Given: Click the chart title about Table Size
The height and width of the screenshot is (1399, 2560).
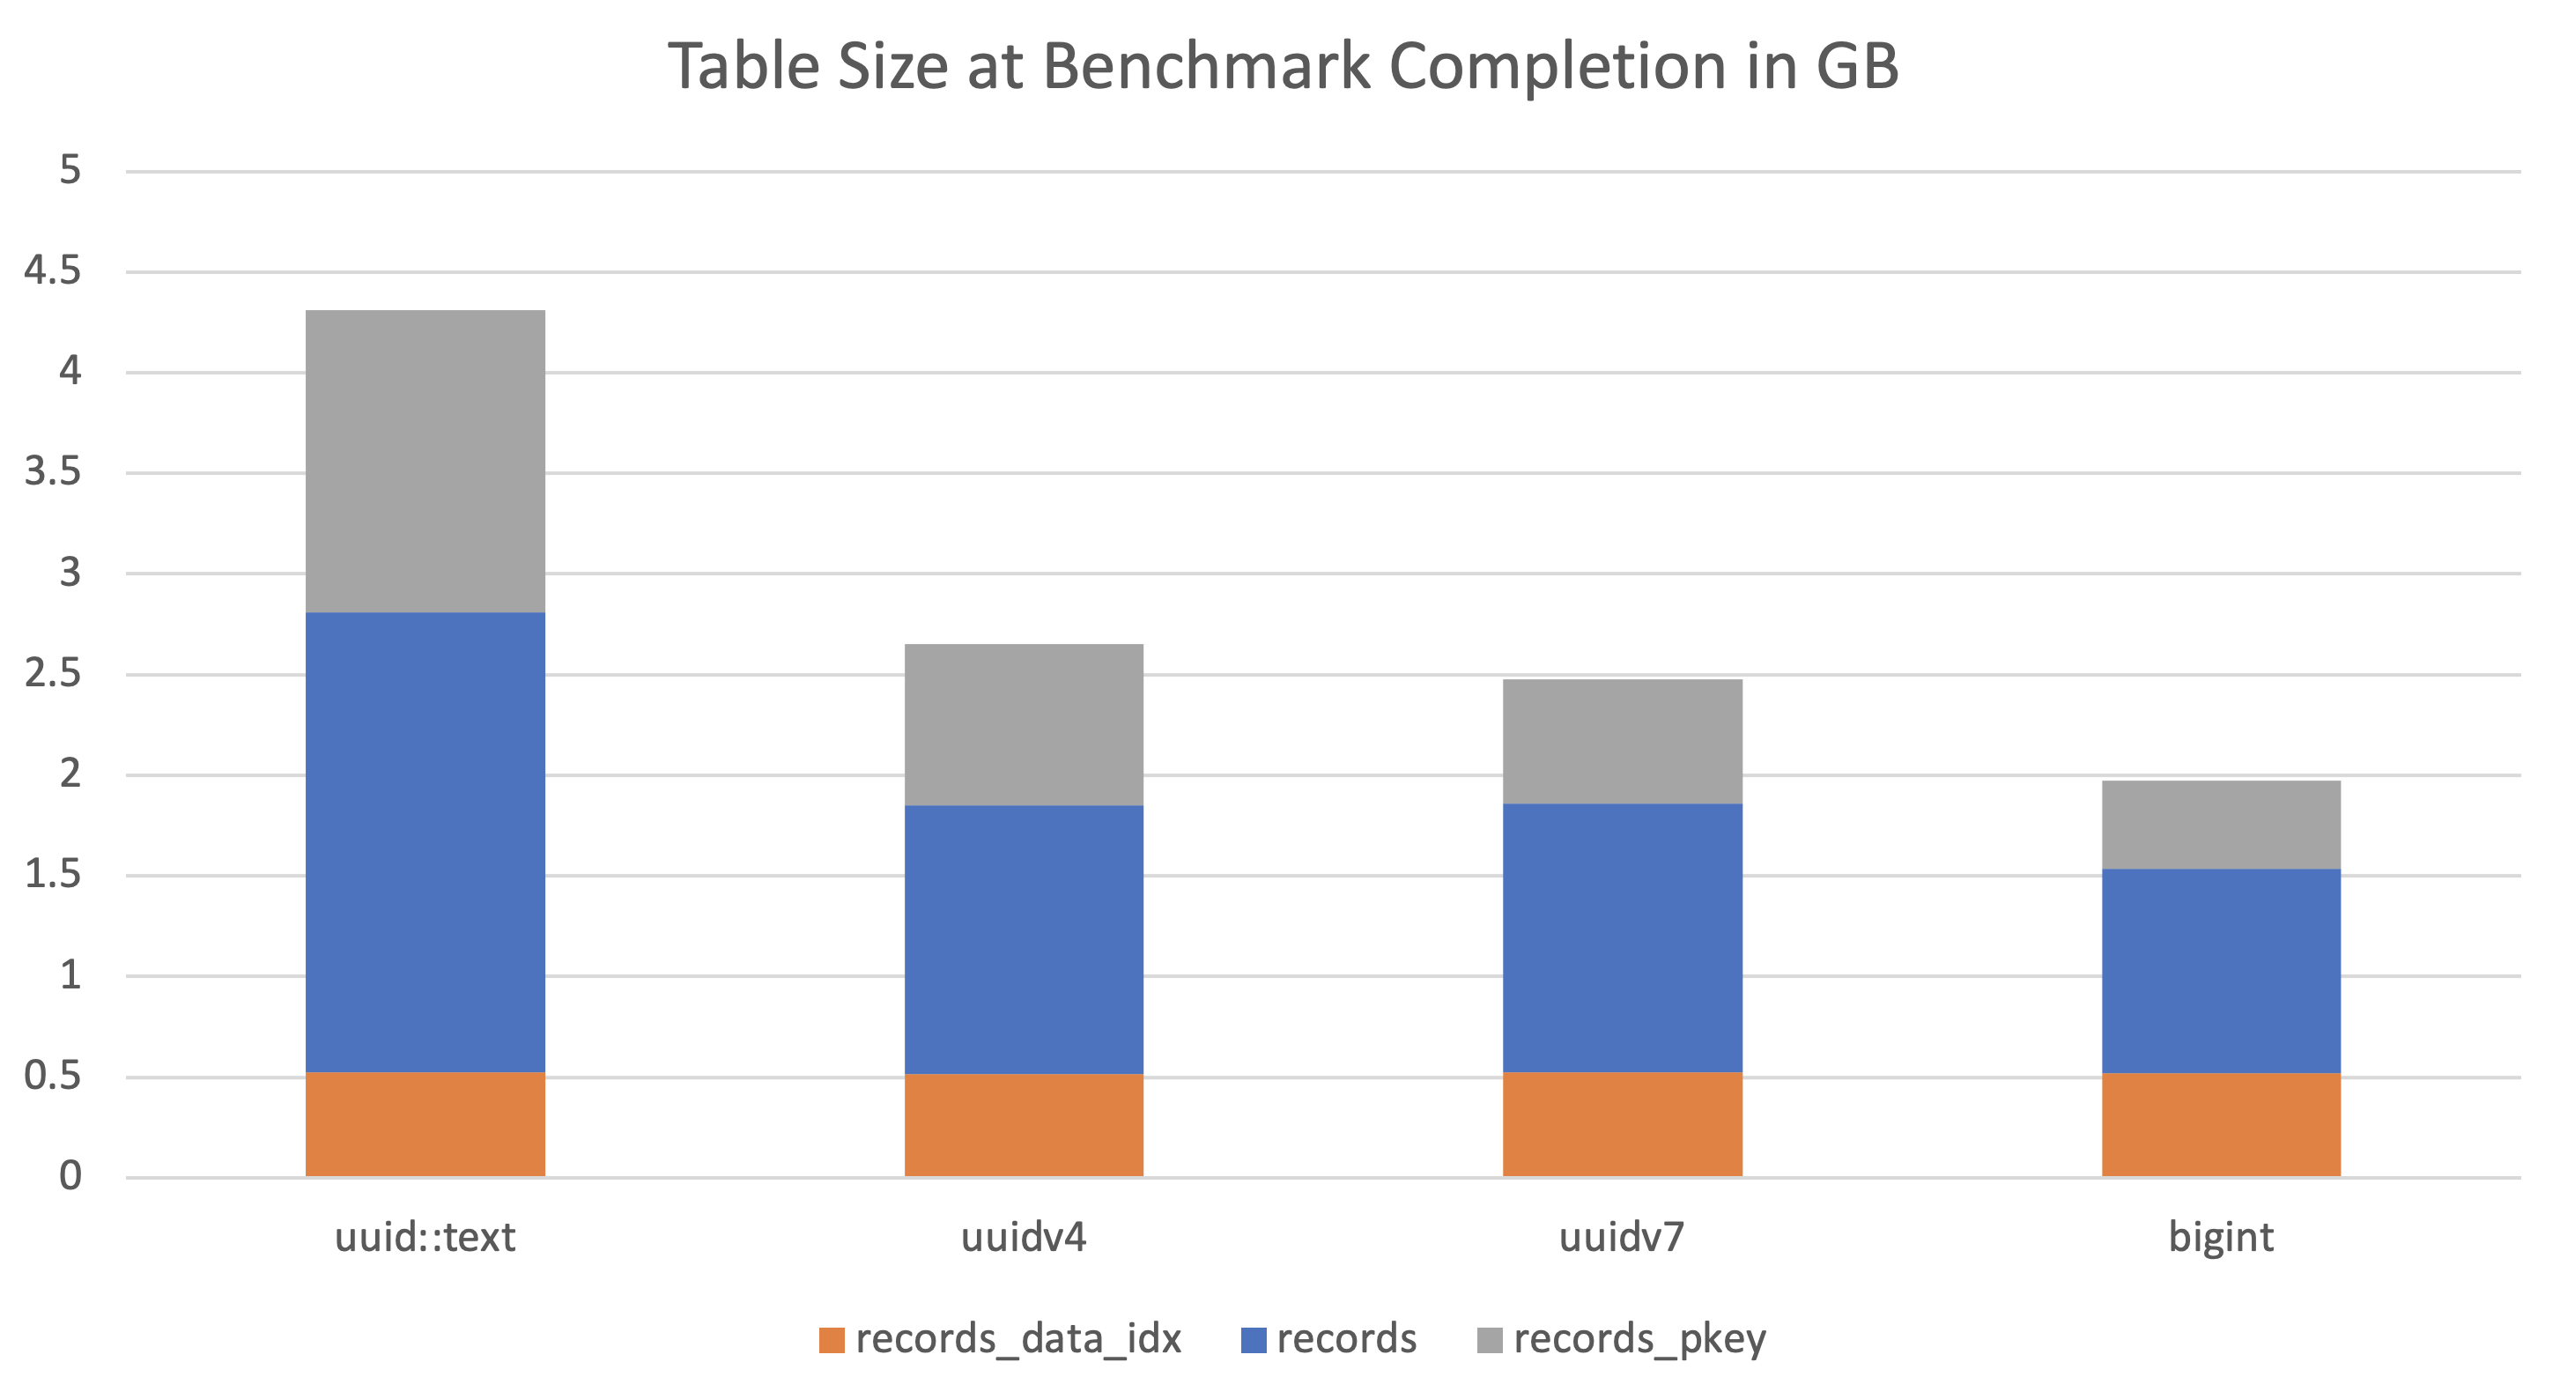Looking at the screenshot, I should pos(1282,68).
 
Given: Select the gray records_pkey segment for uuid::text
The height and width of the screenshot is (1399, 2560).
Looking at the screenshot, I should pos(425,461).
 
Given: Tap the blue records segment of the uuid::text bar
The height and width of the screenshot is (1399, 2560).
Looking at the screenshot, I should pos(425,842).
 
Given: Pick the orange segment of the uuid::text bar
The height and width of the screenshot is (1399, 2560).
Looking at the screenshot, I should pos(425,1124).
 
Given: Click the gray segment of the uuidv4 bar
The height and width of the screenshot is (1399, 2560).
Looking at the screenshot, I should pos(1024,724).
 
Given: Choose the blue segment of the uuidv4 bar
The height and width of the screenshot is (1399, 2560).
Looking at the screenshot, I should pos(1024,939).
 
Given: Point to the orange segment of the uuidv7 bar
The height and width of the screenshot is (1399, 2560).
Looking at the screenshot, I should pos(1622,1124).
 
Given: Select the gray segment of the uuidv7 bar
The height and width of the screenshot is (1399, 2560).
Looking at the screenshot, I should pos(1622,741).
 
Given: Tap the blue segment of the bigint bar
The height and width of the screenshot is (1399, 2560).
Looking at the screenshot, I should pos(2221,971).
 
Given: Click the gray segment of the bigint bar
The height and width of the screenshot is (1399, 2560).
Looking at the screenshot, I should pos(2221,825).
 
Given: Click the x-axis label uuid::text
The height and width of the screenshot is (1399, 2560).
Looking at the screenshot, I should pos(425,1238).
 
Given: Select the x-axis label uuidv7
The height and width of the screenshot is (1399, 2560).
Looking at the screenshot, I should pos(1622,1238).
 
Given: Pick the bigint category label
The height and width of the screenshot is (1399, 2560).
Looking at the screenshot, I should pos(2221,1238).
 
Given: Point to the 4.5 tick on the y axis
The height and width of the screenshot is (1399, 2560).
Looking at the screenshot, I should pos(53,270).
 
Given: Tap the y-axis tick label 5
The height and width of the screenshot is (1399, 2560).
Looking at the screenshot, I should pos(70,170).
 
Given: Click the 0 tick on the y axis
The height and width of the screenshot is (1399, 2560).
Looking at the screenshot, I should pos(70,1176).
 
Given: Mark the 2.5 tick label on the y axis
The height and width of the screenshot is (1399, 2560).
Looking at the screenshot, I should pos(53,674).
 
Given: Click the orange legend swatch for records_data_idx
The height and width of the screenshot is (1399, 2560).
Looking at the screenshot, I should pos(831,1340).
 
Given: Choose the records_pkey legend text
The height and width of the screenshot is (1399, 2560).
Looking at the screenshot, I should pos(1639,1339).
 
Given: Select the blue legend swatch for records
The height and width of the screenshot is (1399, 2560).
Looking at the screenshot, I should pos(1254,1340).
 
